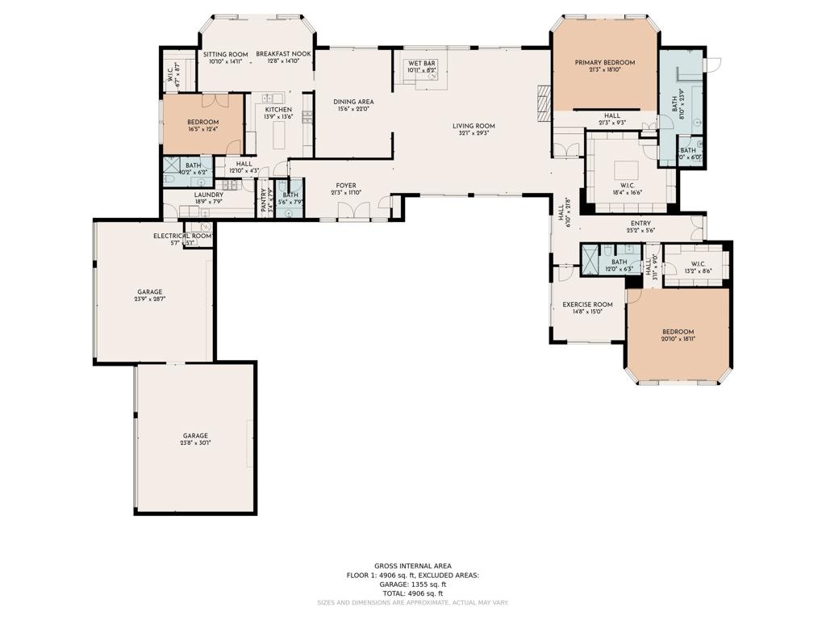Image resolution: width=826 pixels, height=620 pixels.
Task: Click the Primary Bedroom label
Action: [x=604, y=62]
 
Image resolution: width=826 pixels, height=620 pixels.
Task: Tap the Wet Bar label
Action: [x=422, y=62]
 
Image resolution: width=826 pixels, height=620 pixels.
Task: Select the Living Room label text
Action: [x=473, y=126]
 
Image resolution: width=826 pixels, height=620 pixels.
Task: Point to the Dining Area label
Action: [x=353, y=102]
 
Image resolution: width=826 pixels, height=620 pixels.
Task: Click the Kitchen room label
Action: [x=278, y=109]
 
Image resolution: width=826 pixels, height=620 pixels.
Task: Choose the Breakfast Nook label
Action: [x=283, y=54]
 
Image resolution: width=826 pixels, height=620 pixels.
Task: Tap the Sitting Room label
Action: [x=226, y=54]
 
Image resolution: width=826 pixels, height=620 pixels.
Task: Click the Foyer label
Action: [x=345, y=186]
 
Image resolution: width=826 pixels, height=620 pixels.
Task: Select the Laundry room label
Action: [x=208, y=195]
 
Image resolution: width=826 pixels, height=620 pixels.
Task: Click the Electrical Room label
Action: [x=182, y=236]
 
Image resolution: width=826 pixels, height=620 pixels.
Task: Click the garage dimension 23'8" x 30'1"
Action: [x=195, y=443]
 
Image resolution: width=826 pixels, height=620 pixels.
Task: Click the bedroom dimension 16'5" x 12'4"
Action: [x=202, y=129]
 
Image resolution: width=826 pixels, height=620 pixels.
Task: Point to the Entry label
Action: [x=640, y=224]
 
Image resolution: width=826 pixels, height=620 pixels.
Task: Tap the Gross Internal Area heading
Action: [x=412, y=566]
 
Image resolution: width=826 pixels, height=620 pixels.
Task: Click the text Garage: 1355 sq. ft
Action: [x=412, y=584]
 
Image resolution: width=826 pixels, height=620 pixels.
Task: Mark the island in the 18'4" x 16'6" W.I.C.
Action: [x=626, y=170]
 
